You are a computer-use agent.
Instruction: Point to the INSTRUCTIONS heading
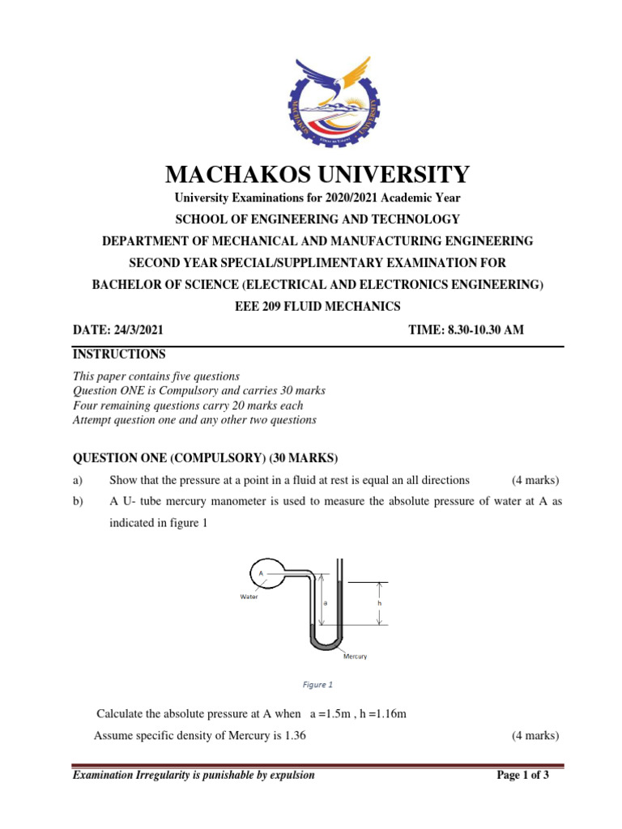(x=119, y=355)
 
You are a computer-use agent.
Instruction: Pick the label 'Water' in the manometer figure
(x=249, y=597)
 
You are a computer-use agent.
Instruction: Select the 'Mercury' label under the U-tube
(x=354, y=657)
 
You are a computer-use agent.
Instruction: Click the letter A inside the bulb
(x=261, y=572)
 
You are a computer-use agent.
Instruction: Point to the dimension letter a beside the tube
(x=326, y=603)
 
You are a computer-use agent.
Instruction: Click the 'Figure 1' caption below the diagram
(x=317, y=685)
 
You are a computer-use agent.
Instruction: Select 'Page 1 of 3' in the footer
(x=522, y=776)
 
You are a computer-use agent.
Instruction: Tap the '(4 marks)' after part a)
(x=535, y=480)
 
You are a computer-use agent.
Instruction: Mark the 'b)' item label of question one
(x=79, y=502)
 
